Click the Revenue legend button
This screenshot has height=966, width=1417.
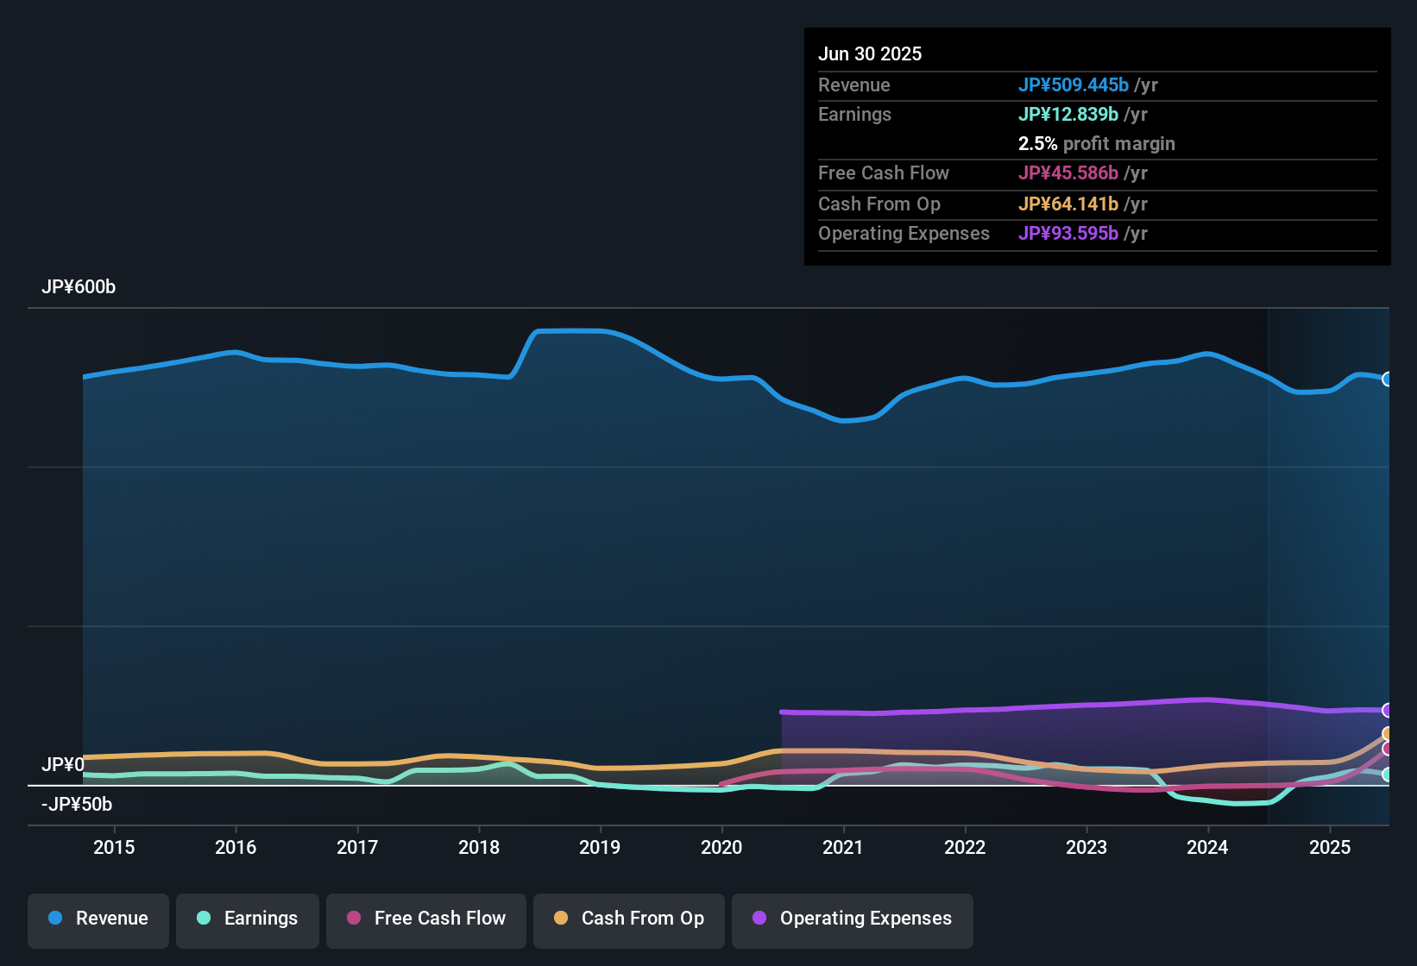(x=98, y=919)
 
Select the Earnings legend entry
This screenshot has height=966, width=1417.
(x=248, y=919)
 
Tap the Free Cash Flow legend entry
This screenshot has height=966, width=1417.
(x=426, y=919)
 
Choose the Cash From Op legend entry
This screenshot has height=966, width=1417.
(x=629, y=919)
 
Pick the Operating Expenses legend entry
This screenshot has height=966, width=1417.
(x=853, y=919)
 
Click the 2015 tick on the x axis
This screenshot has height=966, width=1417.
(x=114, y=847)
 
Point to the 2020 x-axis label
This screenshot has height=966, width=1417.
(x=721, y=847)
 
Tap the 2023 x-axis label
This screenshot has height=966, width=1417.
(x=1086, y=847)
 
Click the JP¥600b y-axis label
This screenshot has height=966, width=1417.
(x=79, y=287)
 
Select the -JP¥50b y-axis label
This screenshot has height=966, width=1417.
(x=77, y=805)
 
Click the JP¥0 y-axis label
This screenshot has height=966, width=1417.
(x=63, y=765)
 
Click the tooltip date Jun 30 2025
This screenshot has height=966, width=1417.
(x=870, y=54)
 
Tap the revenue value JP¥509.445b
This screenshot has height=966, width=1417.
(x=1073, y=85)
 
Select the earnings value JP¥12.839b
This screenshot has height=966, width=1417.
(x=1067, y=115)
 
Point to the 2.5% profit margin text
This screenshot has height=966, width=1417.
(x=1096, y=144)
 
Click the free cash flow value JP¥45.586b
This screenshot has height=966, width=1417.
(x=1067, y=173)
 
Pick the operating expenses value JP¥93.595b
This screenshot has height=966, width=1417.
(x=1067, y=234)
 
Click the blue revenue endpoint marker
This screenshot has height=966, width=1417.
(x=1387, y=379)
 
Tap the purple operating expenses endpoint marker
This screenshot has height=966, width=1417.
(x=1387, y=710)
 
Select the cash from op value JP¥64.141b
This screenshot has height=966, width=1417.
(x=1067, y=204)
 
